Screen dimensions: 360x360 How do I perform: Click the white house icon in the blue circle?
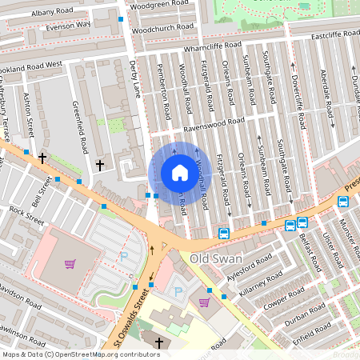click(x=180, y=173)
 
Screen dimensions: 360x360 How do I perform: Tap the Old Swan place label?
click(x=216, y=259)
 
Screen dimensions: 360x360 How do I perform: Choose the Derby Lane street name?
click(x=134, y=79)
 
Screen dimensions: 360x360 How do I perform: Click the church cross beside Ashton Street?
click(x=42, y=158)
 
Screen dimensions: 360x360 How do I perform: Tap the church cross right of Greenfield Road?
click(x=100, y=165)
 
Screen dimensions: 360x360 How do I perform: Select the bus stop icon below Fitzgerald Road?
click(x=223, y=234)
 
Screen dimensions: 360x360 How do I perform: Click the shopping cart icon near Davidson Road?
click(x=70, y=263)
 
